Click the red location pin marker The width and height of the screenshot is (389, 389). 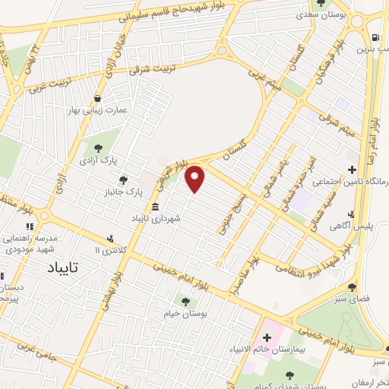(x=195, y=179)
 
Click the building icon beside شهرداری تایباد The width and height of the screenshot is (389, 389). (x=156, y=207)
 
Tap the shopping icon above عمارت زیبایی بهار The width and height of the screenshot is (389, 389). (x=98, y=98)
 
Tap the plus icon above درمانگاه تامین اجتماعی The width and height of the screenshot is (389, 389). (x=351, y=169)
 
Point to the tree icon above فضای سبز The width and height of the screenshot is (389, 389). (x=352, y=286)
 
